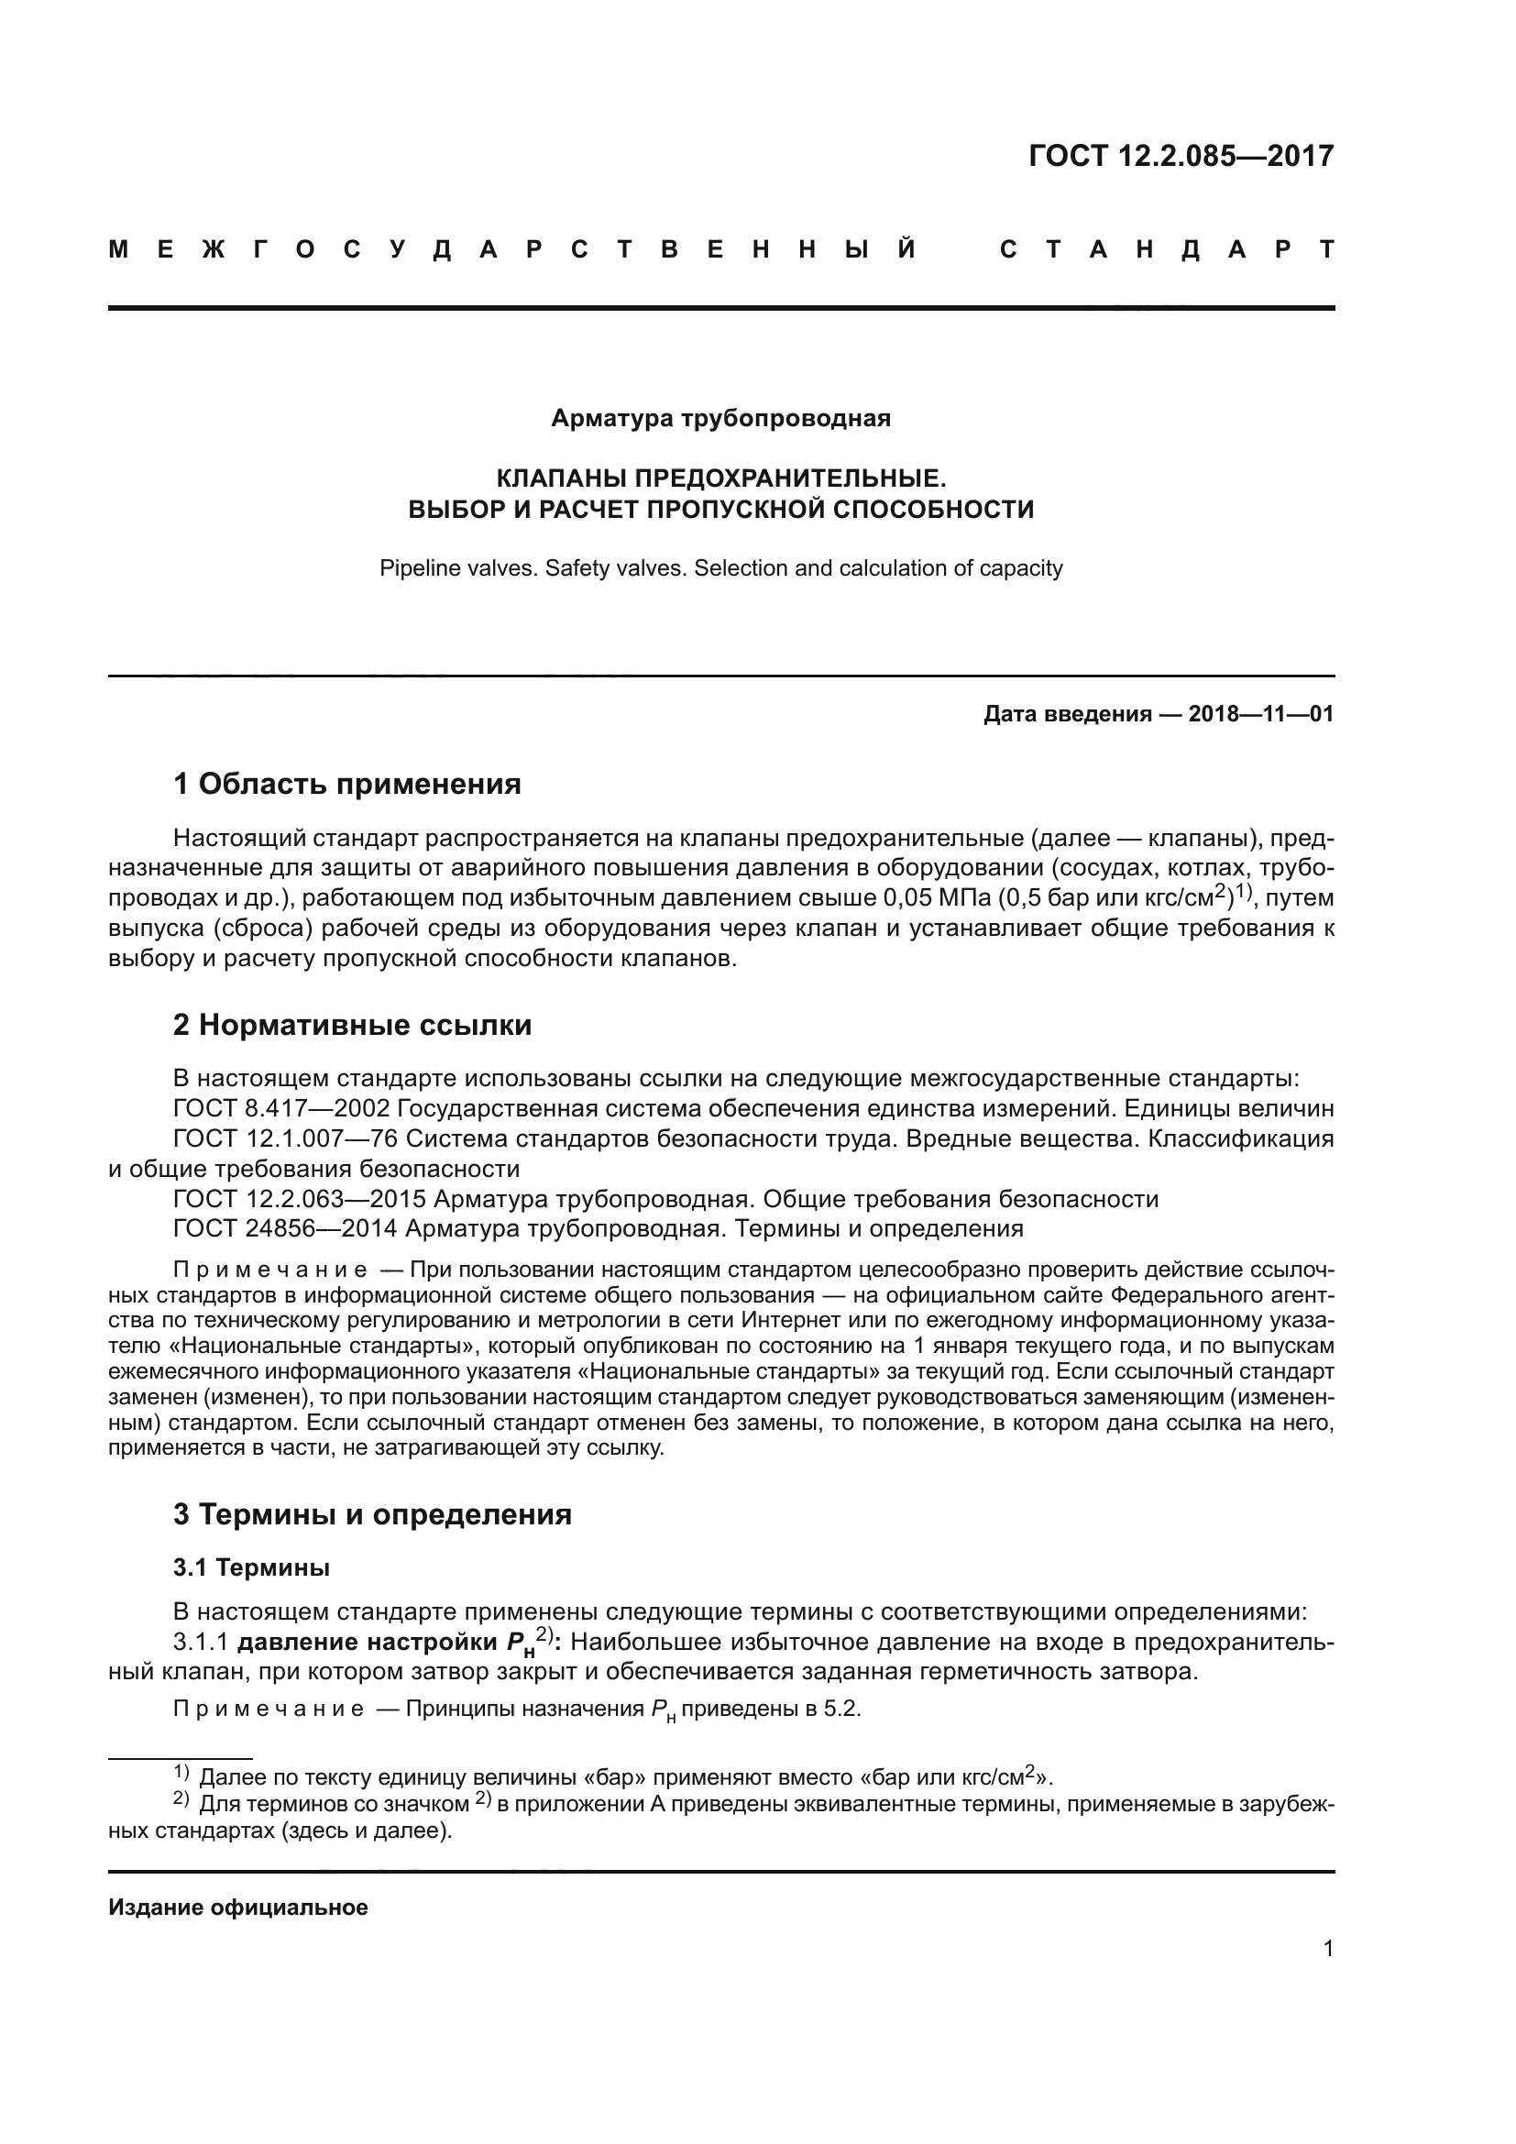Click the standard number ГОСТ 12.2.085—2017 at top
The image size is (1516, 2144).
click(x=1181, y=156)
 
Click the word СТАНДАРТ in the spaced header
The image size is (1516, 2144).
click(x=1166, y=250)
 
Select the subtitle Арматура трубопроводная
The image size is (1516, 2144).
click(x=720, y=418)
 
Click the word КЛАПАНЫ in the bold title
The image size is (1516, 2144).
click(x=561, y=479)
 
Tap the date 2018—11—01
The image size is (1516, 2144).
click(x=1260, y=714)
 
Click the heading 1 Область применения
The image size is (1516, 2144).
click(x=346, y=784)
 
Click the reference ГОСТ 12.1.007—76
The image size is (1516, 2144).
click(x=287, y=1138)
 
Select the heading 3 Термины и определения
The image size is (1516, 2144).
click(x=371, y=1513)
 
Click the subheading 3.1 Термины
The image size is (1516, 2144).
click(x=251, y=1567)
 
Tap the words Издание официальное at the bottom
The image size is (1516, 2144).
click(x=238, y=1908)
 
